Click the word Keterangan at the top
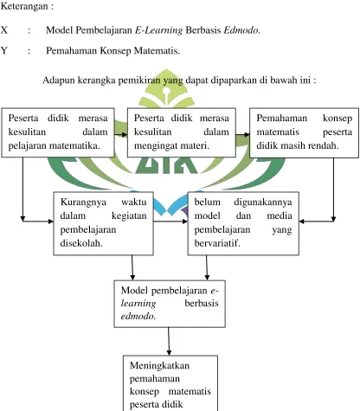[24, 7]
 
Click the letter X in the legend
[4, 29]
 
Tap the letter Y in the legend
[4, 51]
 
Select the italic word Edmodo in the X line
[241, 30]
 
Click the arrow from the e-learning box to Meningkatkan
[169, 342]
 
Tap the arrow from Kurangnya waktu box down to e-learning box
[132, 268]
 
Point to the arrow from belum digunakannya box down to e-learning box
[207, 268]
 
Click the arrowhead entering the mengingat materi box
[125, 134]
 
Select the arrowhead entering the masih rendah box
[247, 134]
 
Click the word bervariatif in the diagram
[217, 243]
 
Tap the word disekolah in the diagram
[81, 243]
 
